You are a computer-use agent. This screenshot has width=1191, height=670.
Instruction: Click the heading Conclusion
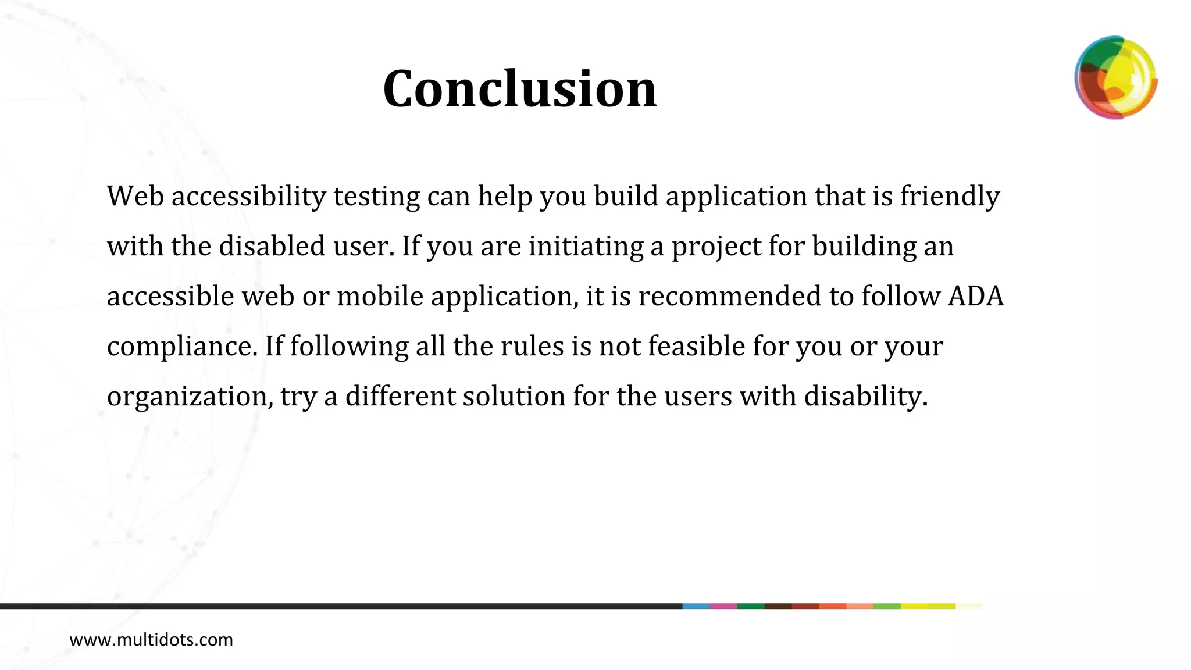pos(519,89)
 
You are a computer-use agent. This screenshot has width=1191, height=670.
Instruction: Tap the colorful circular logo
pos(1115,77)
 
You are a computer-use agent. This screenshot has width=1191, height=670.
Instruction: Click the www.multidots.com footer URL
pos(151,640)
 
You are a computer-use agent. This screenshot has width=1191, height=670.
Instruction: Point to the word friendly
pos(950,196)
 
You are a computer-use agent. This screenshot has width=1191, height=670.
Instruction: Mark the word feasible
pos(696,346)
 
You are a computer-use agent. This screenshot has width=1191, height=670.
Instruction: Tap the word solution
pos(514,396)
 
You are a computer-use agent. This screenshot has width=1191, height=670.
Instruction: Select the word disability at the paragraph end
pos(865,396)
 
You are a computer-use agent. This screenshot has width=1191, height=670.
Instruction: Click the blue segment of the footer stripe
pos(696,606)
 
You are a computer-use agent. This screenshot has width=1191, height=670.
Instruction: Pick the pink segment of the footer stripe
pos(723,606)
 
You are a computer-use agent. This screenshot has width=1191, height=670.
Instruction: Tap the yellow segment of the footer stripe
pos(928,606)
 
